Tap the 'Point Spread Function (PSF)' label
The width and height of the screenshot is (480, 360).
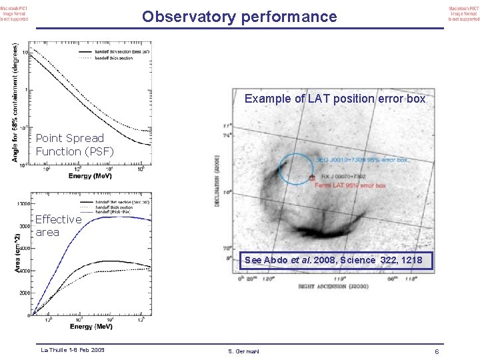pyautogui.click(x=74, y=145)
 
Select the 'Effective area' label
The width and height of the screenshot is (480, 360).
pyautogui.click(x=58, y=225)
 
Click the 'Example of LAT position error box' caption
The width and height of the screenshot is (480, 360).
pyautogui.click(x=335, y=99)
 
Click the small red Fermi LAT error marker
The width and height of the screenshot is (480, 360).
pyautogui.click(x=311, y=178)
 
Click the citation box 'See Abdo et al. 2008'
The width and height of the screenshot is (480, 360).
pyautogui.click(x=333, y=260)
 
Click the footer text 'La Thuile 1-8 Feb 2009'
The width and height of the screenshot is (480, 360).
pyautogui.click(x=73, y=349)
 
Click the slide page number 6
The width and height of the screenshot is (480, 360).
pyautogui.click(x=436, y=351)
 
